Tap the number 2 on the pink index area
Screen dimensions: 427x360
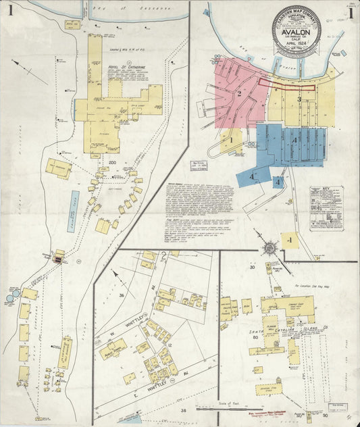(238, 94)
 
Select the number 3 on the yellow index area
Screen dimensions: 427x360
(298, 99)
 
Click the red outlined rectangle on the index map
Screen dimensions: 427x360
(286, 84)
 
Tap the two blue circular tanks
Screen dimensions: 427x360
(14, 297)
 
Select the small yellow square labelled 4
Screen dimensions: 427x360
(289, 240)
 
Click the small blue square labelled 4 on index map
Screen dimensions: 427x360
(278, 182)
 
